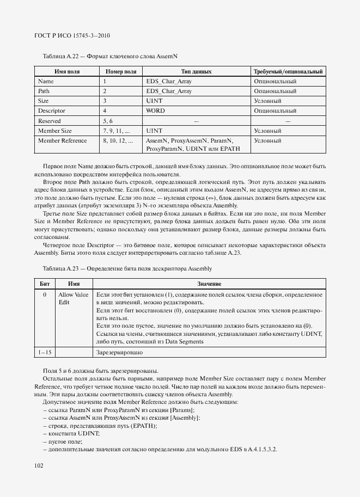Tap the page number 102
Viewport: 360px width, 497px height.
point(38,465)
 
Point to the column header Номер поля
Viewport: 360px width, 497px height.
point(120,71)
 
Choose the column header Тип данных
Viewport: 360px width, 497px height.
point(196,71)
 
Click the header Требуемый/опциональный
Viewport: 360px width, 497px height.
point(289,71)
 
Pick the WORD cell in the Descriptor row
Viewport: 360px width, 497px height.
point(155,111)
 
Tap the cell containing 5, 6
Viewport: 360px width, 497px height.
point(107,121)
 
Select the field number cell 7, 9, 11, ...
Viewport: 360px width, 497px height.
point(116,131)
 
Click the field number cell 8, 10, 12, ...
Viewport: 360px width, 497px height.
point(118,140)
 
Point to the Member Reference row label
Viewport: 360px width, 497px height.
point(62,140)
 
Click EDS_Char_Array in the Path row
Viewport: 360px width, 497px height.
point(169,91)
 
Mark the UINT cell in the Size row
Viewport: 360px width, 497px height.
point(154,101)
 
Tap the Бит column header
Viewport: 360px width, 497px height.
point(45,284)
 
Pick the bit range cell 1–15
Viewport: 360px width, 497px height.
point(45,352)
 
